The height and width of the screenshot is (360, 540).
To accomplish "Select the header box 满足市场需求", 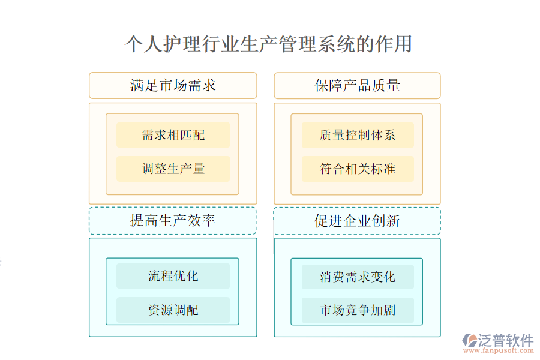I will (173, 85).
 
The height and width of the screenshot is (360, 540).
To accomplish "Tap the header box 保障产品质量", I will (357, 85).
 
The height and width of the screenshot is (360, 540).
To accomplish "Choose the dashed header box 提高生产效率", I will (173, 220).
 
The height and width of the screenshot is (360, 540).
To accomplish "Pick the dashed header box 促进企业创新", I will (357, 220).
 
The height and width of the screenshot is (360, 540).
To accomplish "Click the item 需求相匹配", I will (173, 134).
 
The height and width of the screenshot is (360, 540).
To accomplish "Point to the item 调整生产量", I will (173, 169).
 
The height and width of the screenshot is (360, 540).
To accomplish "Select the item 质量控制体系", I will (358, 134).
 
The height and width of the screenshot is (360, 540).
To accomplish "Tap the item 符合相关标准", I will (358, 169).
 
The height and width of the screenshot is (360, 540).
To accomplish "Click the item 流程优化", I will (173, 276).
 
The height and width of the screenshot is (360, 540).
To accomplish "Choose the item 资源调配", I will (173, 310).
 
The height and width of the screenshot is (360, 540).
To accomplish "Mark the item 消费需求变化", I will (358, 276).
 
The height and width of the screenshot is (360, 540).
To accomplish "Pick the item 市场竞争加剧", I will (358, 310).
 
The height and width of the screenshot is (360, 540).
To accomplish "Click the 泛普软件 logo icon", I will (469, 340).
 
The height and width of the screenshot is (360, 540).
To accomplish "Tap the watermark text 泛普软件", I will (506, 340).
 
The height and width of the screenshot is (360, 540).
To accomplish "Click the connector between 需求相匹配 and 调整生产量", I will (173, 152).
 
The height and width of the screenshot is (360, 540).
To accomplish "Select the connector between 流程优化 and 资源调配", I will (173, 293).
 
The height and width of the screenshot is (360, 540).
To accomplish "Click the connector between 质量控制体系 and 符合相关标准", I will (358, 152).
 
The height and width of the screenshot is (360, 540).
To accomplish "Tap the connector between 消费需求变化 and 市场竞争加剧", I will (358, 293).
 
